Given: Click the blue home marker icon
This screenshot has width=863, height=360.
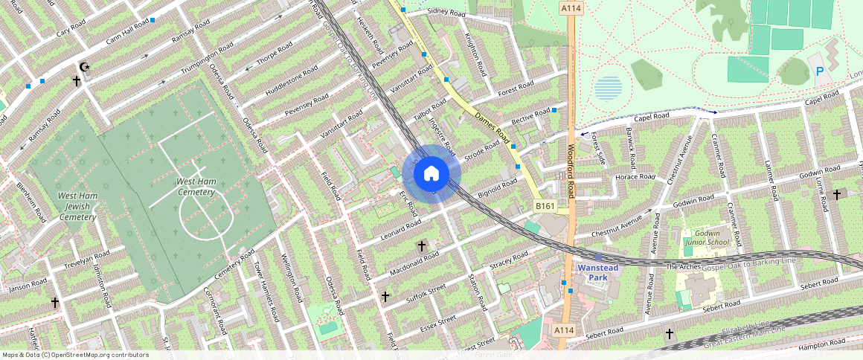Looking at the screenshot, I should pyautogui.click(x=431, y=174).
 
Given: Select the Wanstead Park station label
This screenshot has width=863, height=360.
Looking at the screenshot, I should pyautogui.click(x=598, y=271).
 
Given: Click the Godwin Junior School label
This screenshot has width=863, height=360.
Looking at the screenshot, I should pyautogui.click(x=707, y=237).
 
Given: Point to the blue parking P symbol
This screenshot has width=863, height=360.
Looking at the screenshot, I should pyautogui.click(x=820, y=71).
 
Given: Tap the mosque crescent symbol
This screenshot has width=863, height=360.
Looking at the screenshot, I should pyautogui.click(x=85, y=67).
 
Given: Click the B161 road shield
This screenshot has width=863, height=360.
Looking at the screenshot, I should pyautogui.click(x=545, y=205).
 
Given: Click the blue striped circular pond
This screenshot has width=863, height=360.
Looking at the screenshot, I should pyautogui.click(x=608, y=89).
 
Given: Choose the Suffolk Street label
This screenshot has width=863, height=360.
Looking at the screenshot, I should pyautogui.click(x=426, y=292).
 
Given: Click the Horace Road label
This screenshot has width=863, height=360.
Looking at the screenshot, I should pyautogui.click(x=635, y=177).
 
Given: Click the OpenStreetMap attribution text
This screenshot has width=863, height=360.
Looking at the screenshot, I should pyautogui.click(x=75, y=355).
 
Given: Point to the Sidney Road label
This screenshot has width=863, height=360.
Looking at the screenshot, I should pyautogui.click(x=446, y=13).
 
